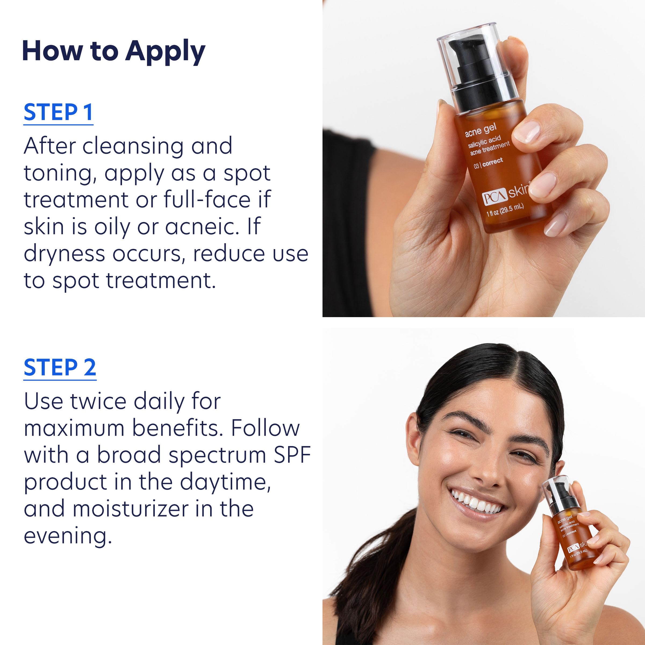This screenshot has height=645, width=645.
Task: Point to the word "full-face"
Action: coord(207,200)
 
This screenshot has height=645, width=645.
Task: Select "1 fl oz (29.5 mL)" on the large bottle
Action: coord(505,210)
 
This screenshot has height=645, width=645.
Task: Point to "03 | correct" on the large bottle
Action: coord(488,164)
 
